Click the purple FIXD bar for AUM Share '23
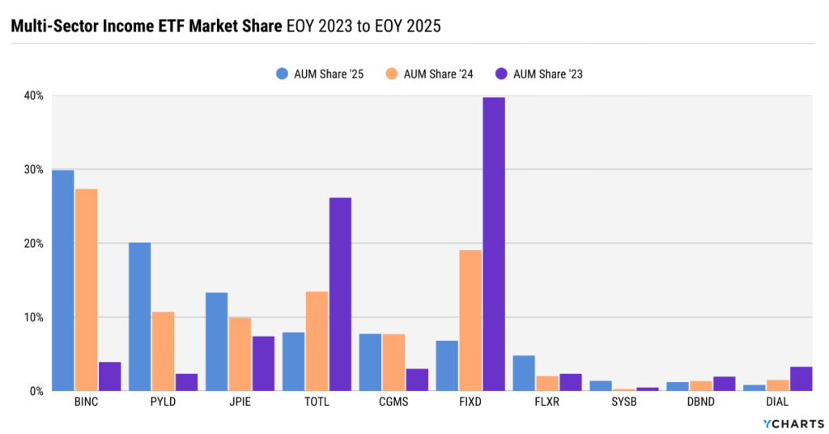click(x=494, y=244)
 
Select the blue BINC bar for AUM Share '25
click(x=62, y=280)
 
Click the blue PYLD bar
click(x=139, y=317)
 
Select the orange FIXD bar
click(x=470, y=321)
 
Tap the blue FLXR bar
click(x=524, y=373)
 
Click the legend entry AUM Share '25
click(x=320, y=74)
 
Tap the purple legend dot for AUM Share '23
click(x=501, y=74)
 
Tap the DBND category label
click(x=699, y=402)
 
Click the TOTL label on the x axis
click(x=317, y=402)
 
